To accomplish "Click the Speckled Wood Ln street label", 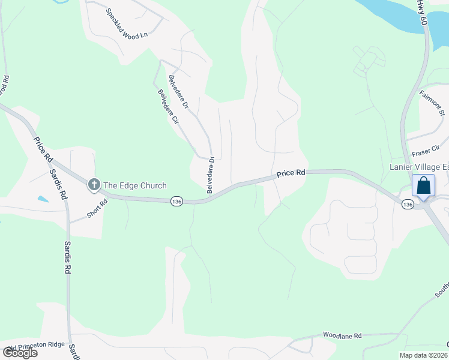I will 127,24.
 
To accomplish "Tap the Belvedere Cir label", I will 169,106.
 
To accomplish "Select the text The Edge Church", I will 136,185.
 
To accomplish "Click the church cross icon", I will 94,185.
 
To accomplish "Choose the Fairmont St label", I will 432,103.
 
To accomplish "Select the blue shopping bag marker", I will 424,186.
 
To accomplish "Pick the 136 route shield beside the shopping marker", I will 408,205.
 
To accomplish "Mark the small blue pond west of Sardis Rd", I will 43,199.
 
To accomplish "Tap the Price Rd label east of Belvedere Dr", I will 291,173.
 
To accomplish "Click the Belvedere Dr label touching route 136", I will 211,175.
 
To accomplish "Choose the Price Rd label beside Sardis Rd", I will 43,151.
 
